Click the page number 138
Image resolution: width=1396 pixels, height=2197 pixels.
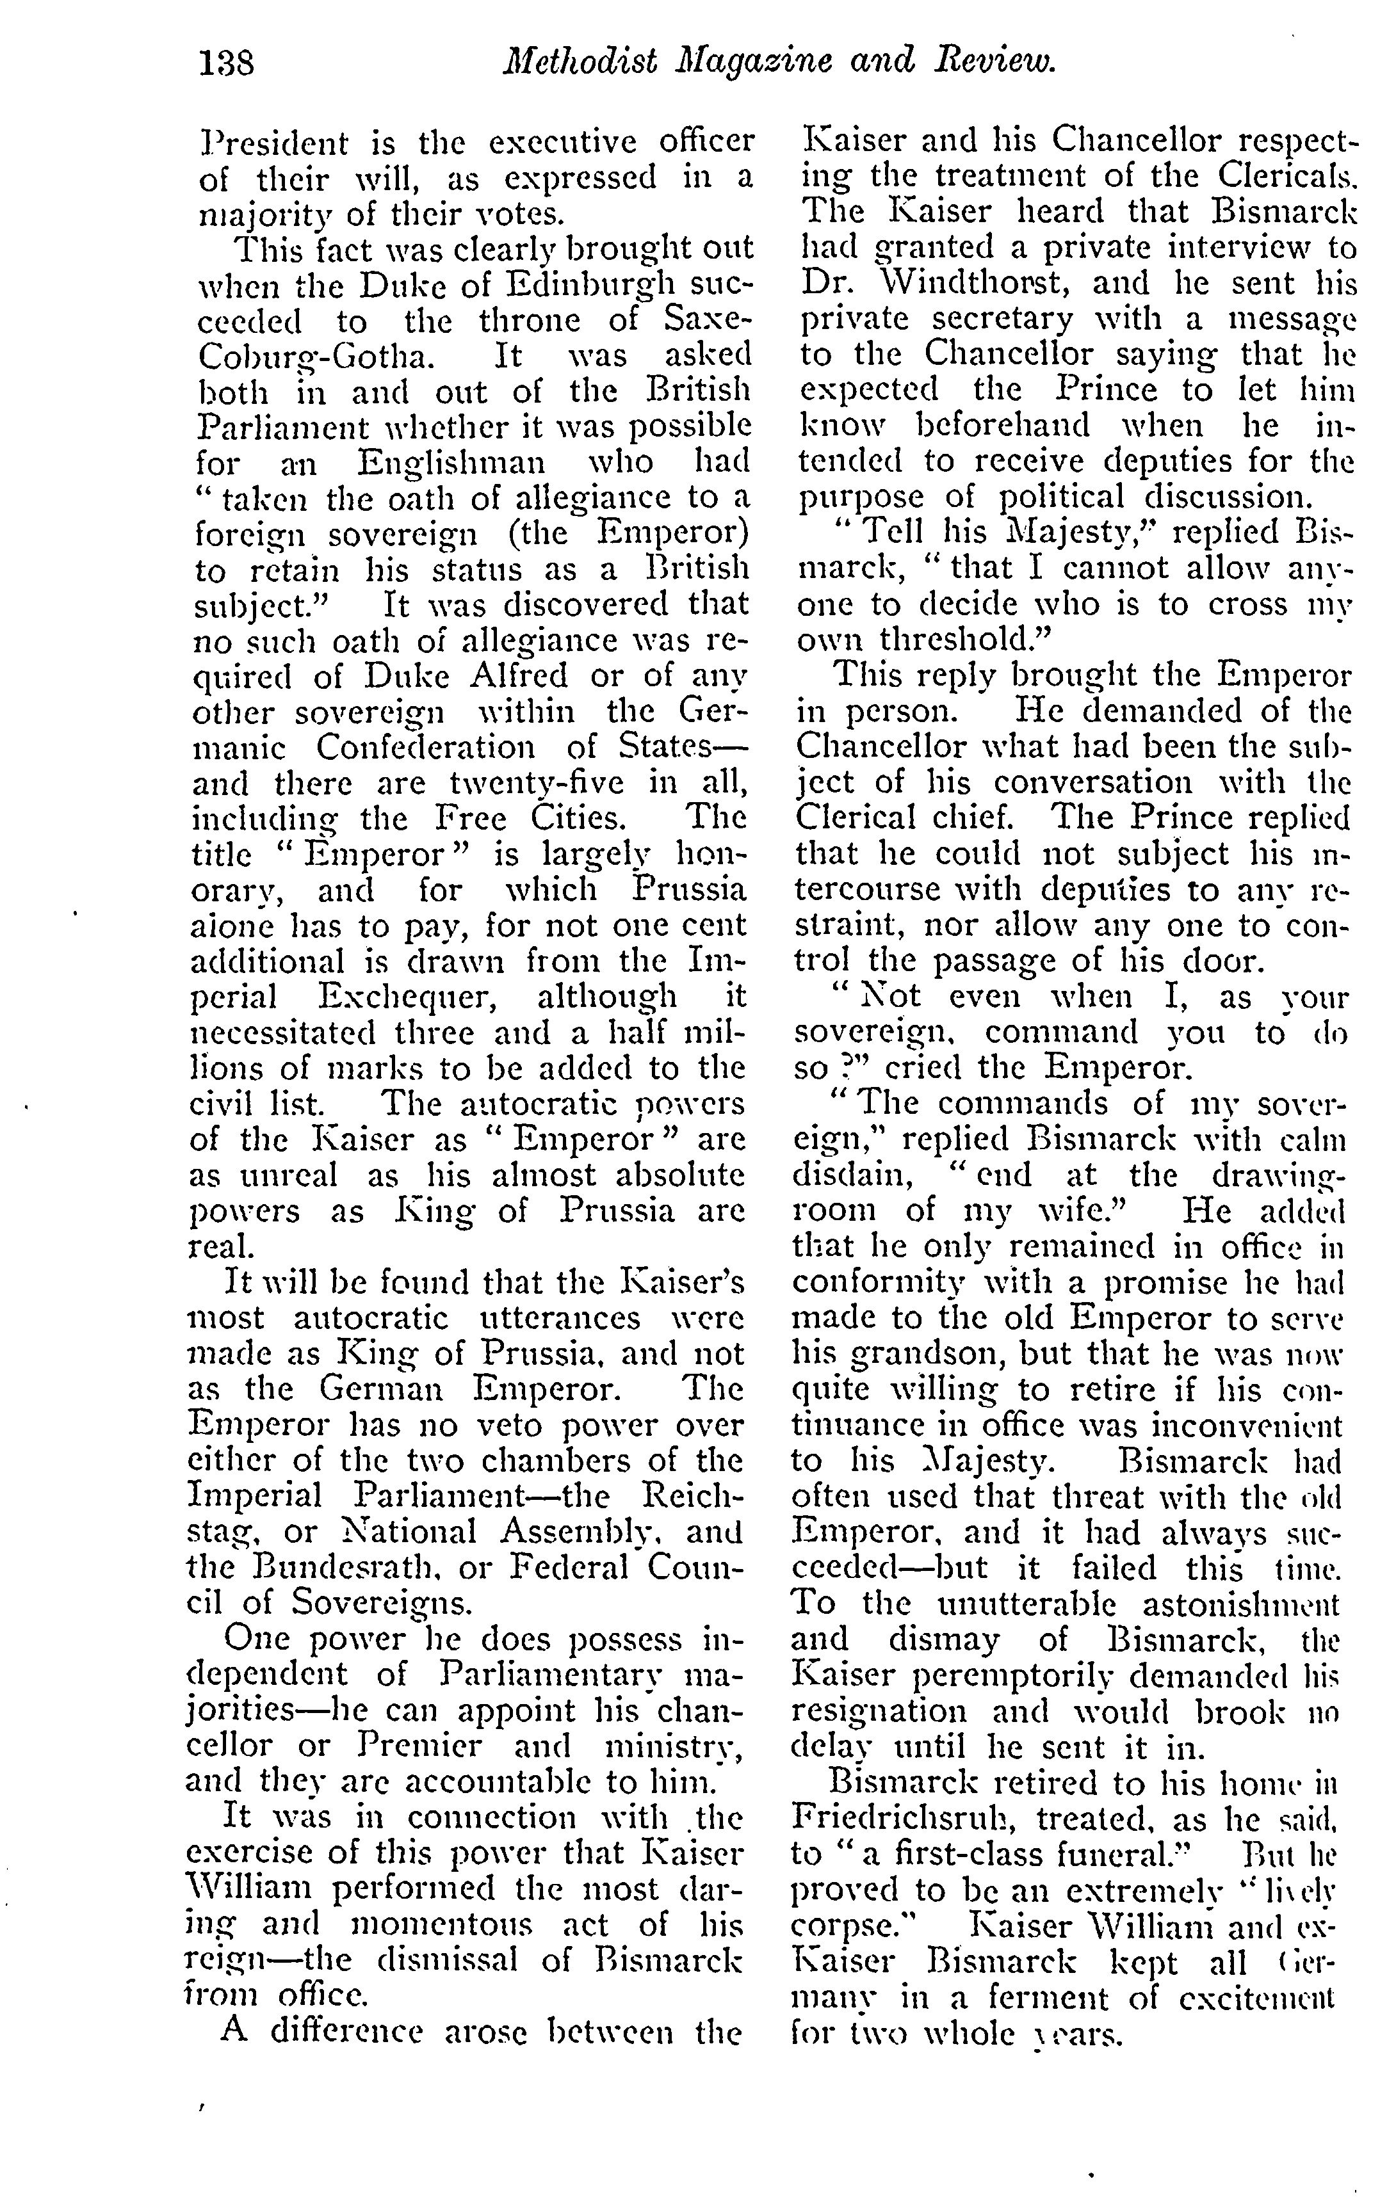[x=226, y=63]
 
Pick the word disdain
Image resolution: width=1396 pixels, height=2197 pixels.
[x=851, y=1176]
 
